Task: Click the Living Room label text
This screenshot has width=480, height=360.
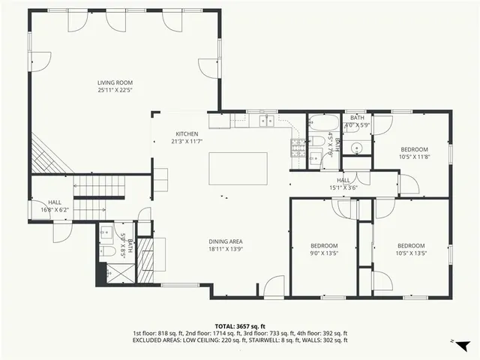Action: click(x=119, y=82)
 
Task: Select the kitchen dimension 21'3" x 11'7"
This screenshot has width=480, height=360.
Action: click(x=187, y=141)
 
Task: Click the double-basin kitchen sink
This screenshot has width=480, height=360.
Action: click(x=267, y=121)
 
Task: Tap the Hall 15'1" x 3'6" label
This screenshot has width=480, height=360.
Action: click(x=343, y=184)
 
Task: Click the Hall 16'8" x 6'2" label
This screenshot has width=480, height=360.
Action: click(x=55, y=205)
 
